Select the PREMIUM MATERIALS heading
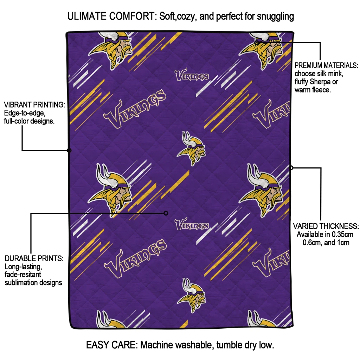pyautogui.click(x=326, y=65)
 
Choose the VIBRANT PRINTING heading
pyautogui.click(x=34, y=105)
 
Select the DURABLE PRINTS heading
pyautogui.click(x=34, y=258)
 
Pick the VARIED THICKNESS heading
pyautogui.click(x=326, y=226)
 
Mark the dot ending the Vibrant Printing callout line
pyautogui.click(x=69, y=150)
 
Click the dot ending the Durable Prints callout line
pyautogui.click(x=166, y=213)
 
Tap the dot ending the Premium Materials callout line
pyautogui.click(x=257, y=42)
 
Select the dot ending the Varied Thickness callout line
pyautogui.click(x=291, y=168)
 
